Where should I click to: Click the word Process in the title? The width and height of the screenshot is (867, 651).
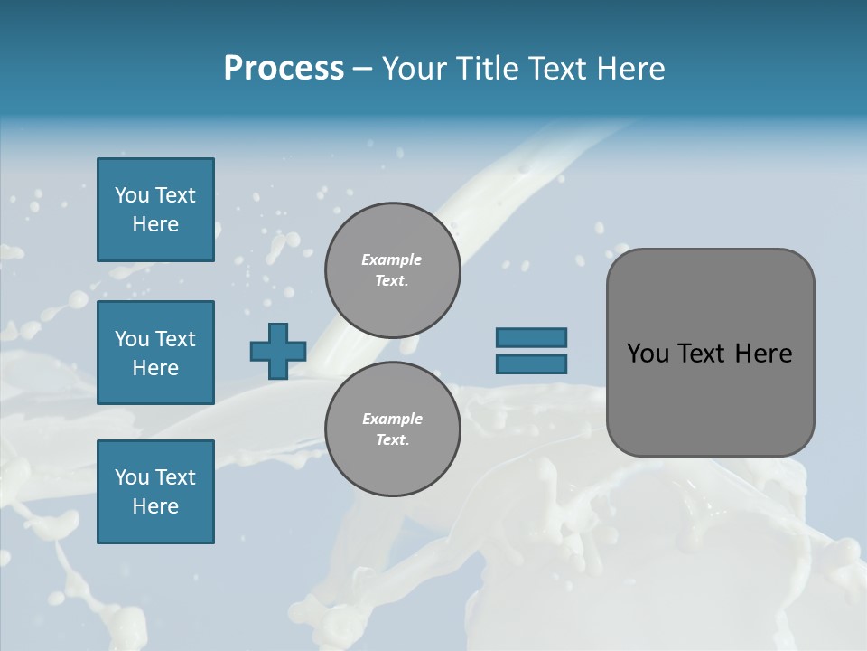[x=284, y=69]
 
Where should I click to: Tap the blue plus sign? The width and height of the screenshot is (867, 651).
[x=278, y=351]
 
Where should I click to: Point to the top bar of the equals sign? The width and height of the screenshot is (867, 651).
[x=531, y=337]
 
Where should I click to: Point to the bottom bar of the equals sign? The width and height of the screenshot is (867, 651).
[x=531, y=364]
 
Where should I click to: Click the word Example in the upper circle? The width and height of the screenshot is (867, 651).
[x=391, y=259]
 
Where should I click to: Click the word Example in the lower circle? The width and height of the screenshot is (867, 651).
[x=392, y=419]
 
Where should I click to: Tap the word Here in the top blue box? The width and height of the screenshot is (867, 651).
[x=155, y=224]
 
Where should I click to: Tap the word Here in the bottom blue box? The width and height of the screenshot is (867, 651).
[x=155, y=506]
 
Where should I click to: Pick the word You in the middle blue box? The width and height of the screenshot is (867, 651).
[x=130, y=339]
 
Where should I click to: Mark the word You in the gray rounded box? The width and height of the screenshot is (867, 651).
[x=648, y=354]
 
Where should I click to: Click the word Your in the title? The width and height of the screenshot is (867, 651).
[x=416, y=69]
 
